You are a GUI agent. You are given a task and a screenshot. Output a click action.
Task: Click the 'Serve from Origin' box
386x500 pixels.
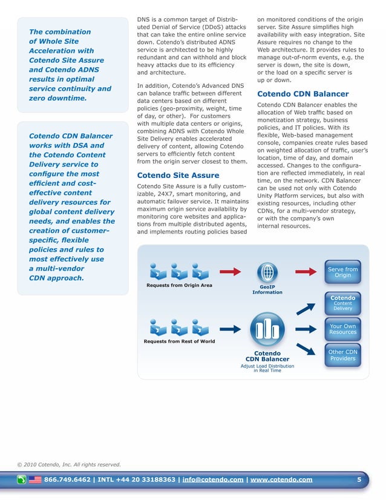342,272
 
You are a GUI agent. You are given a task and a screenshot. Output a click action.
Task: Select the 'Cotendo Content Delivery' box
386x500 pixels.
342,303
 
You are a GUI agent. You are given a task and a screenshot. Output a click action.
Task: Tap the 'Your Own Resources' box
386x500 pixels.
342,329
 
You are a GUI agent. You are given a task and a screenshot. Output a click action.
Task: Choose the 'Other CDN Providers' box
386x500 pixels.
342,355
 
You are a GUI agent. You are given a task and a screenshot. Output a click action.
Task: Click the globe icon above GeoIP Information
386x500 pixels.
267,271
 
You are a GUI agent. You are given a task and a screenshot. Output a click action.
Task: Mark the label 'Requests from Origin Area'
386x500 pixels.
179,285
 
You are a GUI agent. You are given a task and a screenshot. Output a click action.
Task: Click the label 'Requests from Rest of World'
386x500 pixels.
178,341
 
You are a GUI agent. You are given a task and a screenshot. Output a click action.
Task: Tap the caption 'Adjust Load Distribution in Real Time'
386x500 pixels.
267,368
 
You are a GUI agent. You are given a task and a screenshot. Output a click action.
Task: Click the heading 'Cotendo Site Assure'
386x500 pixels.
170,176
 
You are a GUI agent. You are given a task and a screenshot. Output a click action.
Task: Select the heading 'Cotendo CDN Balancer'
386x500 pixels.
303,94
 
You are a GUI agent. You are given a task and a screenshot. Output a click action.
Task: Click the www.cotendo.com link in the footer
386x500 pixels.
281,480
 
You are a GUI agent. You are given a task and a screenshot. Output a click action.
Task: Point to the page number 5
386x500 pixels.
359,480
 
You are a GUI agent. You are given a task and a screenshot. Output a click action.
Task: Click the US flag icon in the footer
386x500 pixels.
35,480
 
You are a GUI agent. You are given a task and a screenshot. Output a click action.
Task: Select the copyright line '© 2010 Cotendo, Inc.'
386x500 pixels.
68,465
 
